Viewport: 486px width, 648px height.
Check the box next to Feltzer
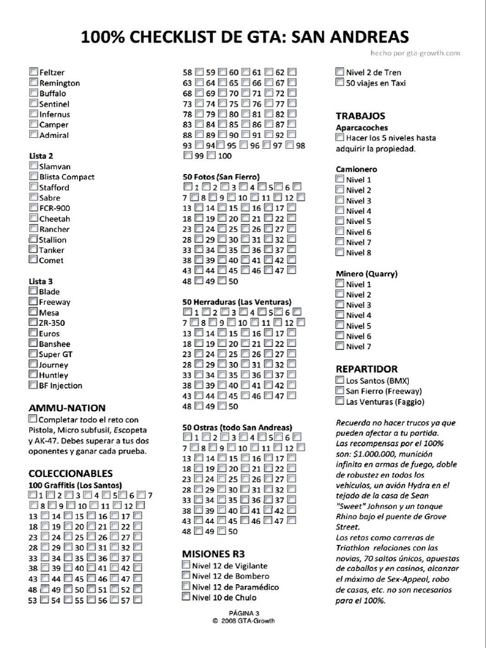coord(34,72)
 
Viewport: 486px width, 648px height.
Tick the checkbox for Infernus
coord(34,114)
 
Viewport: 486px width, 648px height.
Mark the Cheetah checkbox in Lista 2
coord(34,218)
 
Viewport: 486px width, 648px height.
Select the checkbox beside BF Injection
coord(34,385)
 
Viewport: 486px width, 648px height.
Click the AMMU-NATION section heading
coord(67,408)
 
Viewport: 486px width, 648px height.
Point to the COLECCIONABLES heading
coord(71,473)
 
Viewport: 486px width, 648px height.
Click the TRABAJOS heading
coord(360,116)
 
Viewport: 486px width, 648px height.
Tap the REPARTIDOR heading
coord(366,369)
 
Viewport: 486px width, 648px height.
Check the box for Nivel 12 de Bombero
coord(187,576)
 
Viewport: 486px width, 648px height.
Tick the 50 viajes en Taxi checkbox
coord(340,82)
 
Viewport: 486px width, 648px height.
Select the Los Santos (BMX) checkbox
coord(340,380)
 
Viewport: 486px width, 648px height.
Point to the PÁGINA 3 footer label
coord(244,613)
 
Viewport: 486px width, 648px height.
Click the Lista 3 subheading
coord(41,281)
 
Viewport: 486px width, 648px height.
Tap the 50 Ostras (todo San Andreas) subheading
coord(237,427)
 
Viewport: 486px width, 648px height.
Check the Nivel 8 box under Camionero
coord(340,252)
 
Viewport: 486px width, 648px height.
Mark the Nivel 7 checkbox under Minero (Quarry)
coord(340,346)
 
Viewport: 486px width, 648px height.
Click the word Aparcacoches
coord(361,127)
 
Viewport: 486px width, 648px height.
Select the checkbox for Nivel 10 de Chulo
coord(187,597)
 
